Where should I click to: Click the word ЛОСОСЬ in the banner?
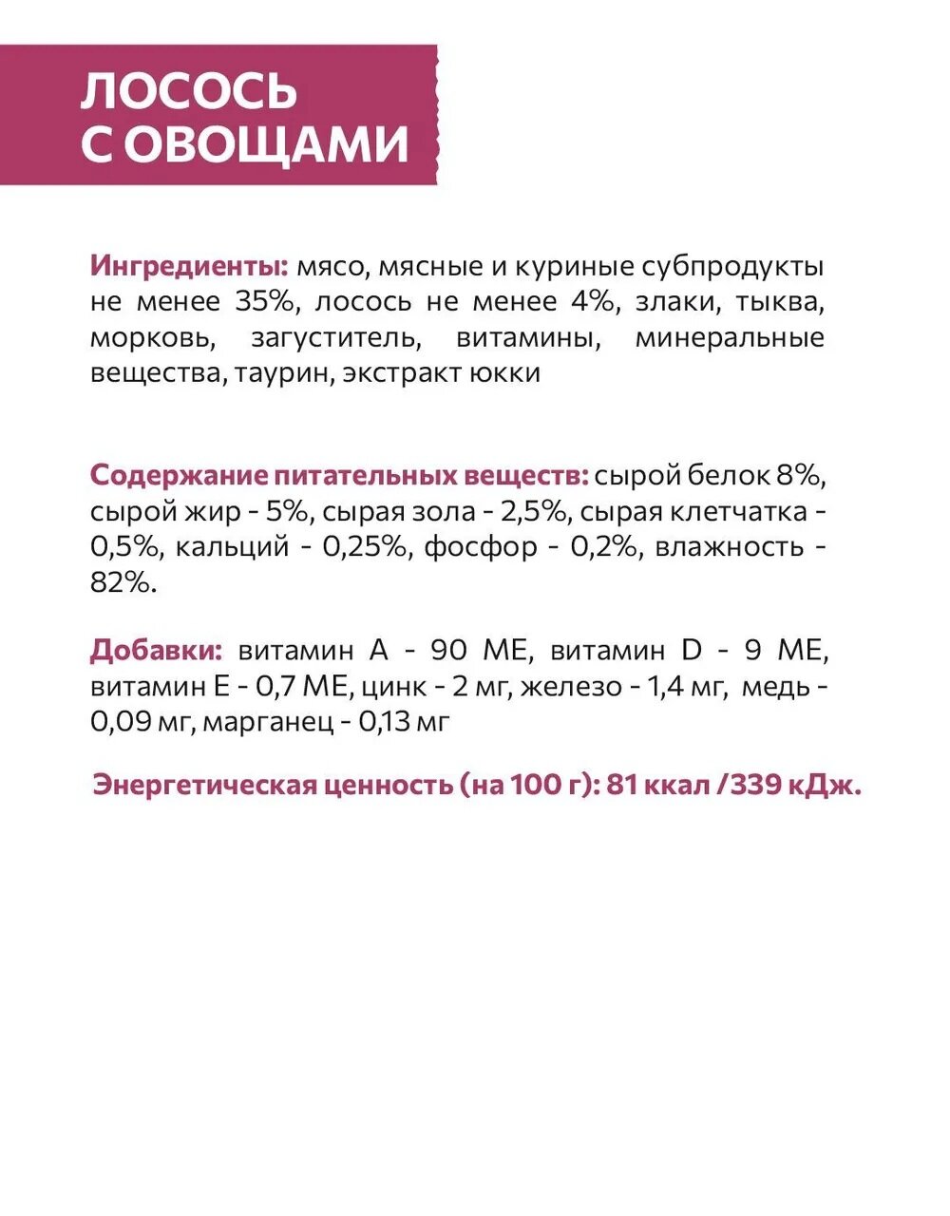189,91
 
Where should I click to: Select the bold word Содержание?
178,475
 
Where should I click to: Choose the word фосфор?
480,547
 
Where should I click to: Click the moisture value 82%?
123,582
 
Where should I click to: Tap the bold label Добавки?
157,651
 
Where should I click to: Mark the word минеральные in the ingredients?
730,338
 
